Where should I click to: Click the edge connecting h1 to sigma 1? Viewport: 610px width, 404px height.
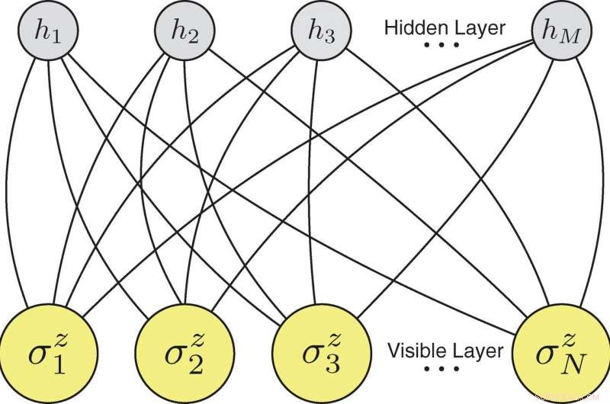pyautogui.click(x=9, y=191)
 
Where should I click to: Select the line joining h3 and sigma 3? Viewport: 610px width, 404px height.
pyautogui.click(x=308, y=191)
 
